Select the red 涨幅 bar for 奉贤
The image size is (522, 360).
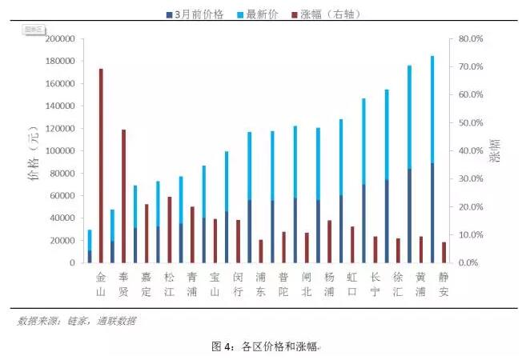coord(123,196)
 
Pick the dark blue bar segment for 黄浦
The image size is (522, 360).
coord(410,216)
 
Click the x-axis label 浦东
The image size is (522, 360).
coord(260,285)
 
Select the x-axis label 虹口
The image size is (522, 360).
coord(352,285)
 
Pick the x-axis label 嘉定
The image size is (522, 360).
coord(146,285)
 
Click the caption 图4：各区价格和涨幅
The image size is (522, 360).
coord(264,346)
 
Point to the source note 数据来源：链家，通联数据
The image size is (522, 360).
coord(77,321)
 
